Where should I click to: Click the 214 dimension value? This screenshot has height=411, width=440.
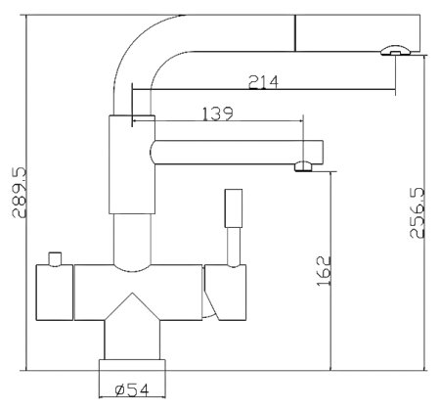[x=263, y=82]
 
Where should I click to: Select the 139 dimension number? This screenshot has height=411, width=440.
[x=218, y=114]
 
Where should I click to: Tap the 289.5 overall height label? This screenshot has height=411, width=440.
[x=19, y=193]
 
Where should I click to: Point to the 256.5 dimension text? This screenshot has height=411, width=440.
[x=418, y=212]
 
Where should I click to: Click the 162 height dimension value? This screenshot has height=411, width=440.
[x=324, y=271]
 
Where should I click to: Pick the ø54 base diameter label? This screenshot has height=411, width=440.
[x=132, y=389]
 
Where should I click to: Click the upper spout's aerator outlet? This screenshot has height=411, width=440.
[x=396, y=51]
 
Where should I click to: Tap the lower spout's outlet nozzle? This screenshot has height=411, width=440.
[x=303, y=166]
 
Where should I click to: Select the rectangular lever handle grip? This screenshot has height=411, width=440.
[x=234, y=208]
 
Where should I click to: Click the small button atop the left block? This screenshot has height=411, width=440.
[x=55, y=259]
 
